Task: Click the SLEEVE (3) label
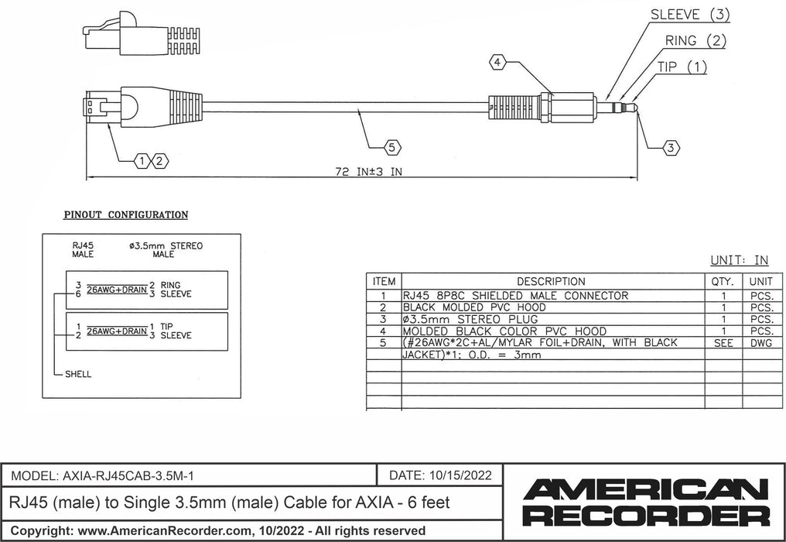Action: pos(691,14)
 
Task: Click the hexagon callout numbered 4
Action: pos(499,61)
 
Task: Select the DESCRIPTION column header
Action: pos(551,281)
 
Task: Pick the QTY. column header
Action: pos(721,281)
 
